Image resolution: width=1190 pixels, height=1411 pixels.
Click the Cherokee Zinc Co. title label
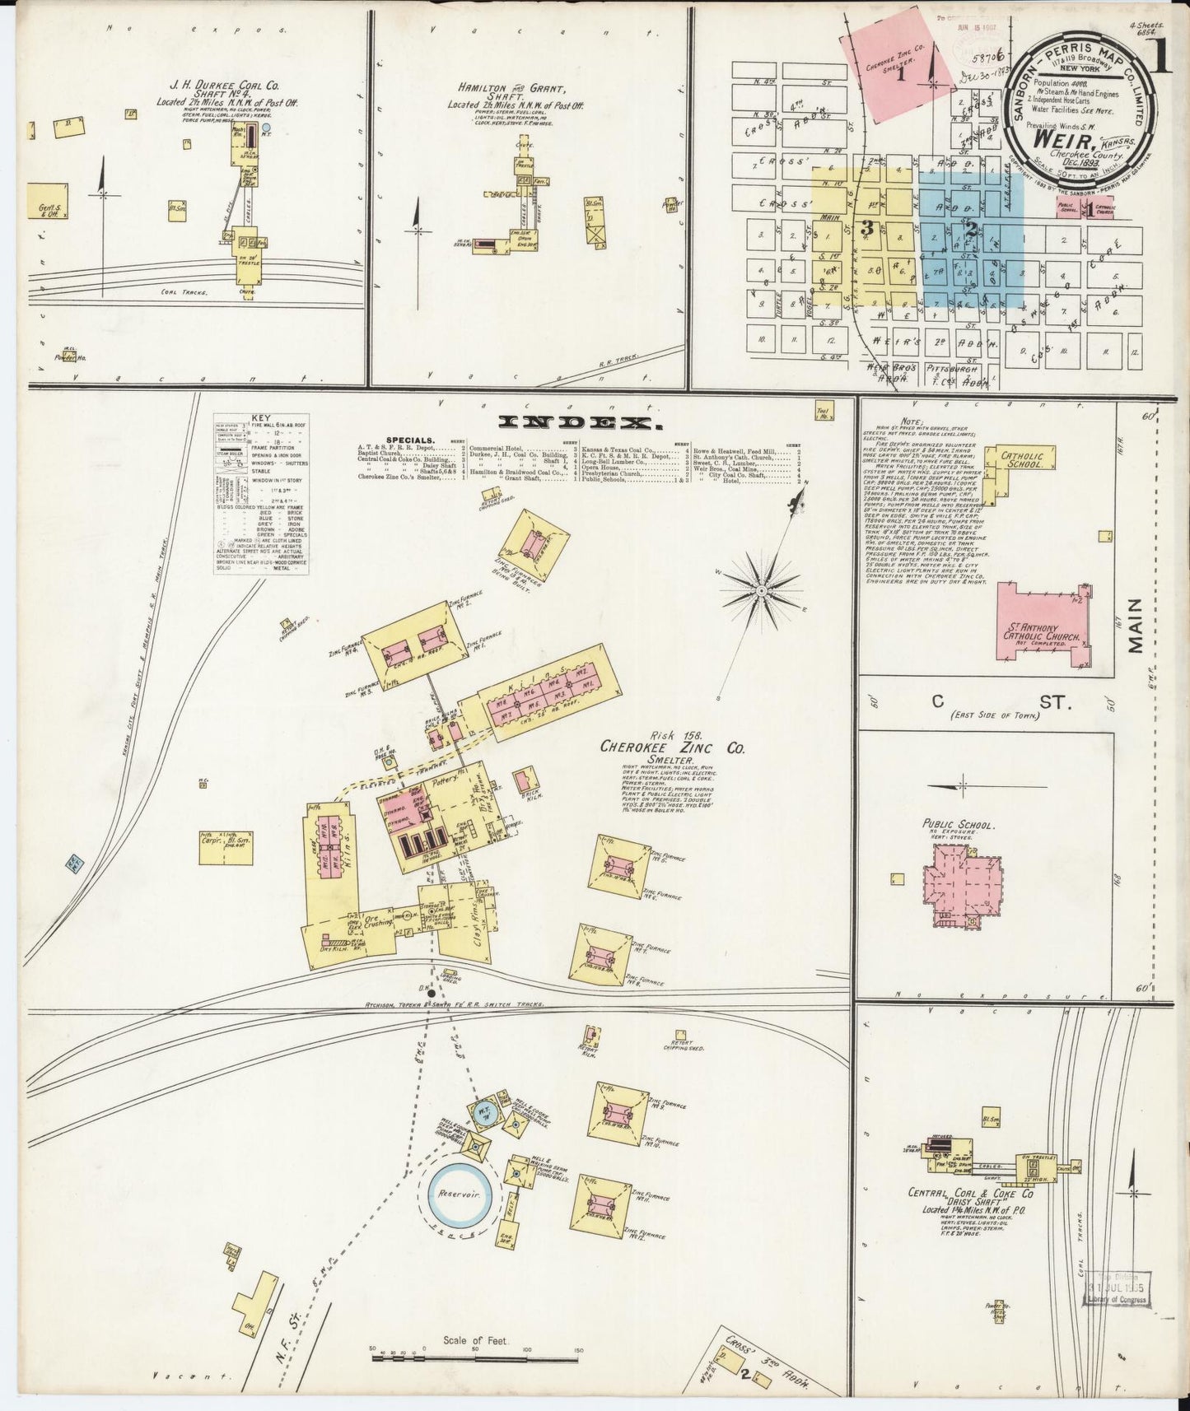(x=672, y=748)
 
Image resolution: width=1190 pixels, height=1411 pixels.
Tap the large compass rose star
(x=761, y=589)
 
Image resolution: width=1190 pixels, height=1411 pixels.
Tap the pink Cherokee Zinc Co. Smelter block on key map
(x=889, y=63)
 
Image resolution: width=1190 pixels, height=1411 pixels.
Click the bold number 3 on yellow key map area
(x=866, y=230)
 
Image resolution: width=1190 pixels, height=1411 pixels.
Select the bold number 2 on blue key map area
(x=971, y=231)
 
